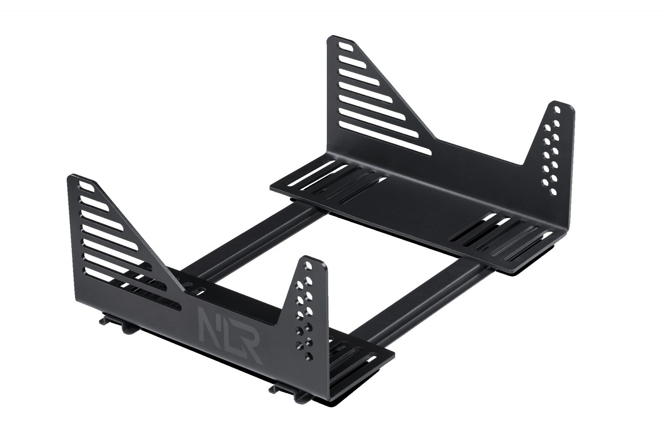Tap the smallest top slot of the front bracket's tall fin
(x=85, y=187)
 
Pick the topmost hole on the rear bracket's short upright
(x=557, y=110)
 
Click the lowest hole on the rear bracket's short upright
(x=554, y=192)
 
